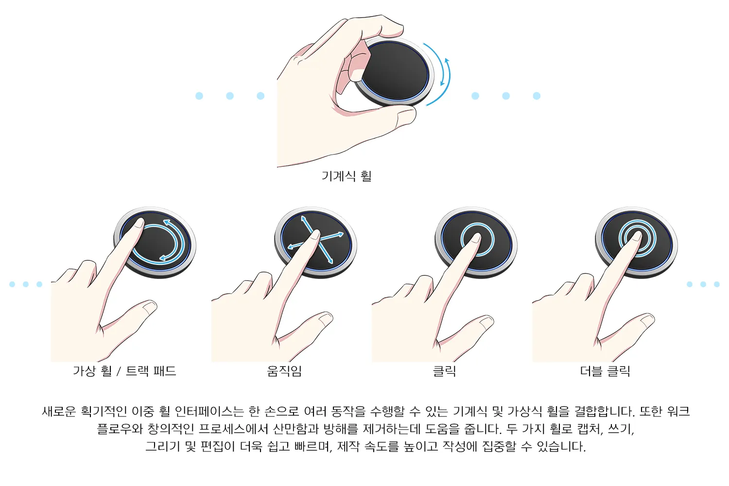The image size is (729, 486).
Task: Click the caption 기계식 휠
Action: click(x=347, y=176)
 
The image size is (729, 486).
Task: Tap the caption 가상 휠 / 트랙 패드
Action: click(x=124, y=371)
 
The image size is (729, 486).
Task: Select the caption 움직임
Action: click(x=284, y=371)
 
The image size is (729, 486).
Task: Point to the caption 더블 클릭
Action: click(x=605, y=371)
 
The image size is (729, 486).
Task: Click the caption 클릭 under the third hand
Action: click(x=444, y=371)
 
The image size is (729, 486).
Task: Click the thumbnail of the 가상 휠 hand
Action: click(x=150, y=307)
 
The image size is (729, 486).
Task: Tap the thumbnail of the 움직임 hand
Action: click(x=326, y=319)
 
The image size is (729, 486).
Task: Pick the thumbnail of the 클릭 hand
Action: click(x=486, y=322)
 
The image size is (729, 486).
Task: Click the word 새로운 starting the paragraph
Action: click(x=59, y=412)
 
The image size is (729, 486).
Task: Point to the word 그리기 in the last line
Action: click(x=162, y=446)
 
